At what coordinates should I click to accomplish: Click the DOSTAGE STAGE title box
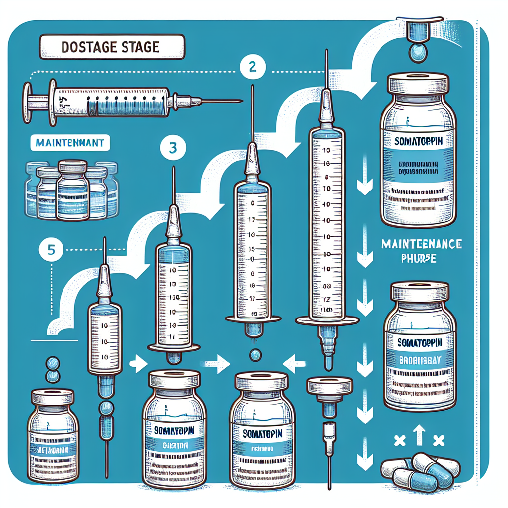111,48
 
